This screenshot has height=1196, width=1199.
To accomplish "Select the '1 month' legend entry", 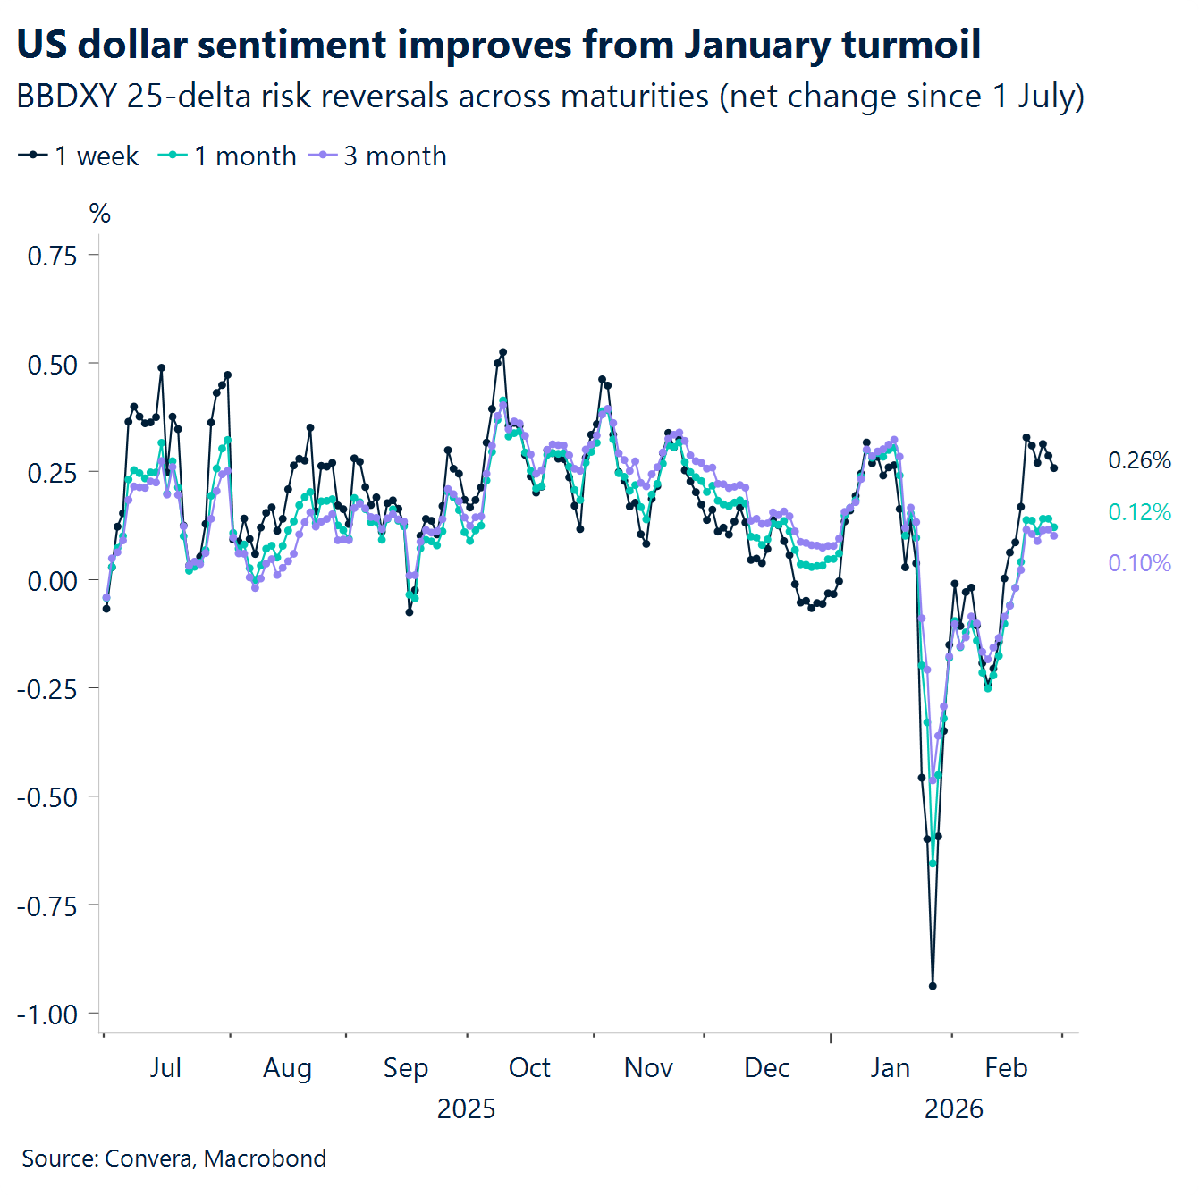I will (228, 156).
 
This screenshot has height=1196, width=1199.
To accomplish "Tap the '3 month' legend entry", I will (378, 156).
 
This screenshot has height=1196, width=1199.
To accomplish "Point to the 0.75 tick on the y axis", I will (53, 256).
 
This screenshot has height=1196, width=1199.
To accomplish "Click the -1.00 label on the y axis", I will (47, 1015).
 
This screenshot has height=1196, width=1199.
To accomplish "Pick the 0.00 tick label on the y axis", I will (53, 581).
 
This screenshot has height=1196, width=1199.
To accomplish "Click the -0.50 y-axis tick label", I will (47, 797).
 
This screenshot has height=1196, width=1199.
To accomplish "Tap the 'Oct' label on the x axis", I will (529, 1067).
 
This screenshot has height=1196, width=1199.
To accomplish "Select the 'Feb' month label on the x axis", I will (1006, 1067).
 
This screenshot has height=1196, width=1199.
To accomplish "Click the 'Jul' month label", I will (165, 1067).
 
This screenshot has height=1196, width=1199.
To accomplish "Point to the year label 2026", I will (953, 1108).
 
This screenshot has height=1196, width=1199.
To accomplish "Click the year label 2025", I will (466, 1108).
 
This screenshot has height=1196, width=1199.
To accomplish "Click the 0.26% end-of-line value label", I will (1139, 460).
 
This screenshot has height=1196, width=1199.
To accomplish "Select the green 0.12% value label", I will (1139, 512).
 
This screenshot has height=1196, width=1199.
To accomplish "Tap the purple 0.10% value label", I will (1139, 563).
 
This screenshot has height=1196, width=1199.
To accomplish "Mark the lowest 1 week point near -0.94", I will (933, 986).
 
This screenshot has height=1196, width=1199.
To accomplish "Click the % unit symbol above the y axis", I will (100, 214).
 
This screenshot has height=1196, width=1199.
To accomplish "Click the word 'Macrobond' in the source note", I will (265, 1158).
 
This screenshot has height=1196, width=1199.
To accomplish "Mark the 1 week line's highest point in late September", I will (502, 352).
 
